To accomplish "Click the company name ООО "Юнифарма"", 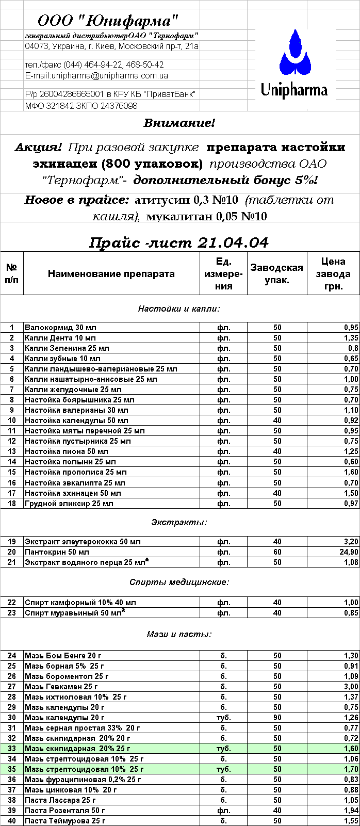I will tap(108, 21).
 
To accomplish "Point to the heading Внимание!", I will tap(179, 123).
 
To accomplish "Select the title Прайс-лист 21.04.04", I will tap(179, 242).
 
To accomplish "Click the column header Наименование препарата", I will tap(111, 274).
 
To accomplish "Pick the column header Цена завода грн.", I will tap(333, 274).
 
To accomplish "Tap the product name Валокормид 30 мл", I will tap(60, 328).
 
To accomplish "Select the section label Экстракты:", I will tap(179, 522).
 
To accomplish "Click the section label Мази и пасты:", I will tap(179, 635).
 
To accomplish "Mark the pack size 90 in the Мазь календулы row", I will tap(277, 718).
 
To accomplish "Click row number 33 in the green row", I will tap(12, 749).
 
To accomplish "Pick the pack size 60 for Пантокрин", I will tap(277, 552).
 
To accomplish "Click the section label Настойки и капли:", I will tap(179, 309).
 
